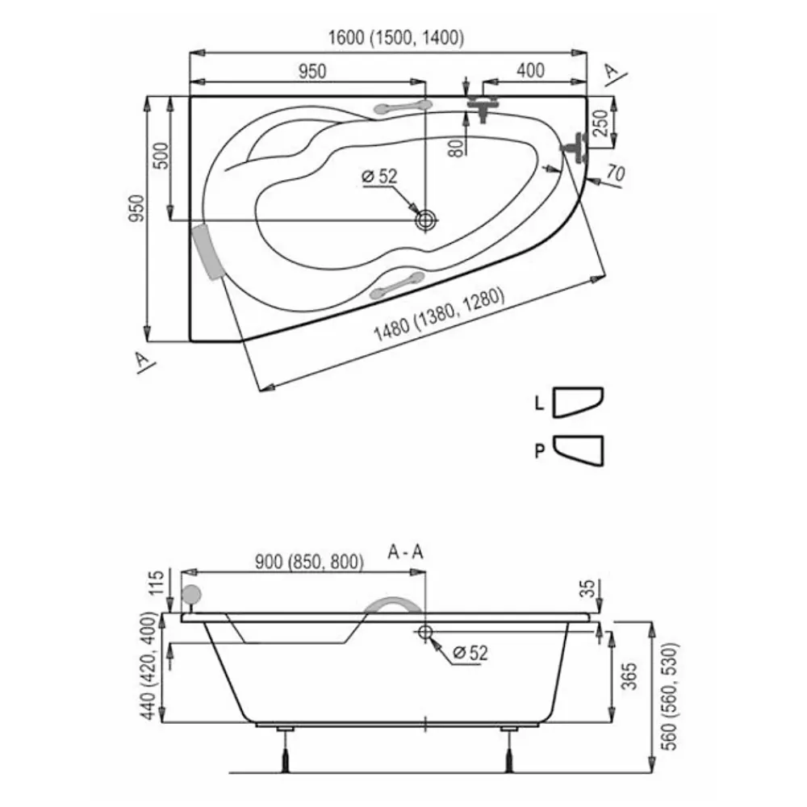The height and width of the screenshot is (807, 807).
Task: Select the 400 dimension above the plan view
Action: [531, 70]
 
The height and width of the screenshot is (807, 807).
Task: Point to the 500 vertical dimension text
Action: [161, 156]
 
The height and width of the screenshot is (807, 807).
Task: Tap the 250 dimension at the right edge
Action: [600, 123]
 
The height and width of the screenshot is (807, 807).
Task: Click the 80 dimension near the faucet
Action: [455, 148]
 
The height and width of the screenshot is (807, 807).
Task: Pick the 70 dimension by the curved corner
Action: [616, 173]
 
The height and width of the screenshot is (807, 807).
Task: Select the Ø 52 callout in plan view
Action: [380, 177]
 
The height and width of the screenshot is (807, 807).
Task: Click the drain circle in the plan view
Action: [426, 220]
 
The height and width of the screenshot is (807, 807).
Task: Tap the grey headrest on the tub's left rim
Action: [207, 252]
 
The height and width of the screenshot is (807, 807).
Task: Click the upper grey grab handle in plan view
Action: [401, 107]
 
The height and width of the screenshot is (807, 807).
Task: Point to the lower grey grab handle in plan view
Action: [397, 286]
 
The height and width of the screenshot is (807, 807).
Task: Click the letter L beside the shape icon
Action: [539, 403]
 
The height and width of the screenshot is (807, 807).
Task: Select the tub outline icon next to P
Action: [578, 451]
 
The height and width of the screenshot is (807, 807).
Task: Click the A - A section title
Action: [406, 552]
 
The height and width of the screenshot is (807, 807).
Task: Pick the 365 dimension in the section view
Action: [629, 675]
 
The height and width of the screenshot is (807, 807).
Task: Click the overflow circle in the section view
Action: [425, 632]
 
